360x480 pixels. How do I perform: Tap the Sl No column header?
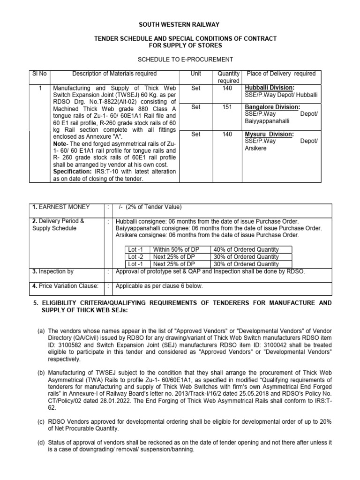click(37, 74)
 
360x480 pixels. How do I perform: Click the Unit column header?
click(195, 74)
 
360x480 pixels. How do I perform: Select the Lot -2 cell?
click(136, 257)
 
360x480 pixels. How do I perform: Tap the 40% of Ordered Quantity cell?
click(246, 249)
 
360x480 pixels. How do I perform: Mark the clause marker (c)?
click(41, 421)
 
